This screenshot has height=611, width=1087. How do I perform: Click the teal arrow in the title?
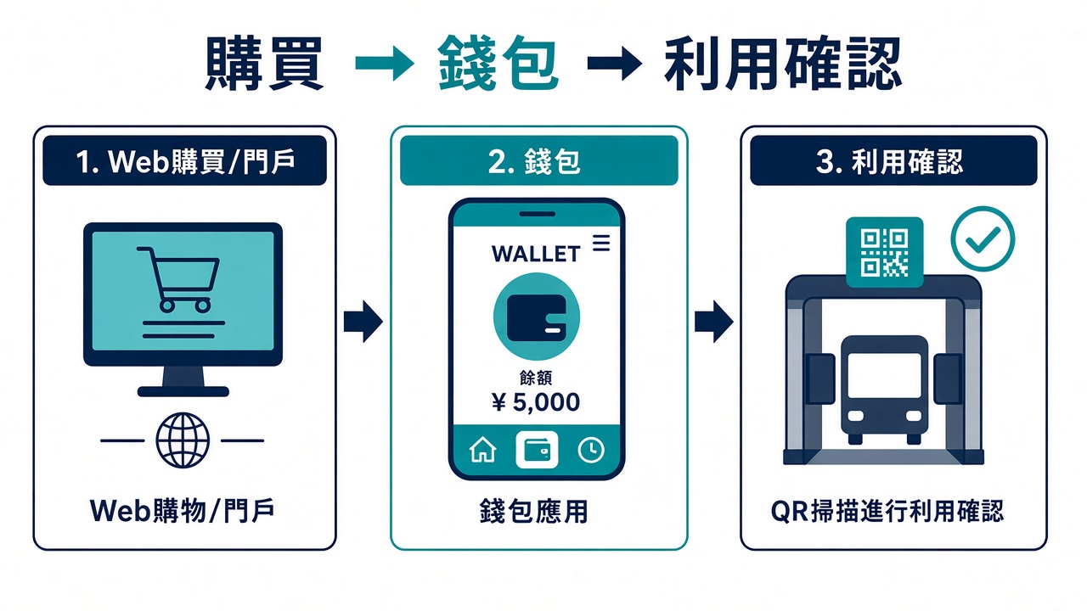pos(385,63)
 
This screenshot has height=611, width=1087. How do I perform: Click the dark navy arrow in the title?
pos(615,63)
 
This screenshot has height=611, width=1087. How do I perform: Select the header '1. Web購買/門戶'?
pos(185,160)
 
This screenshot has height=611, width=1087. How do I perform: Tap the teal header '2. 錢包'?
pos(538,160)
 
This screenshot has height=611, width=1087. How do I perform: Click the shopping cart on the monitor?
pos(178,279)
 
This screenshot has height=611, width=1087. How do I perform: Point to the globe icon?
pos(183,440)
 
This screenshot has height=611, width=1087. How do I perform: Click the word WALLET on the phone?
pos(536,254)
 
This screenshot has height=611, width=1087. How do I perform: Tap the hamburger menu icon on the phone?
pos(601,243)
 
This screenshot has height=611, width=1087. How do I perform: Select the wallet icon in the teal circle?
pos(536,317)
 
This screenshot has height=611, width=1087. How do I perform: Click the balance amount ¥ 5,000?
pos(536,402)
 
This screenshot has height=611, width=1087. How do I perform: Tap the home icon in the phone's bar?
pos(483,450)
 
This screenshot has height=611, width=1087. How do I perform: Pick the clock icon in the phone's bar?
pos(590,450)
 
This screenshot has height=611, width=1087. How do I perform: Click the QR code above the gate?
pos(884,252)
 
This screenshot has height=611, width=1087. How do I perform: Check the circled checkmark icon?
pos(983,238)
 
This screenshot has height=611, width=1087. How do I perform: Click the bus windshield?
pos(884,375)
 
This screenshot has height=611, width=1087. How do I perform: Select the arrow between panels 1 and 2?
pos(363,322)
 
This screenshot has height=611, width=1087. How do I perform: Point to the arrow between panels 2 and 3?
pos(714,322)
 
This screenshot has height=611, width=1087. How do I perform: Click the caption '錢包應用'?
pos(534,511)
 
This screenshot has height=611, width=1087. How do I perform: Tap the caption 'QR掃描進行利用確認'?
pos(887,511)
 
